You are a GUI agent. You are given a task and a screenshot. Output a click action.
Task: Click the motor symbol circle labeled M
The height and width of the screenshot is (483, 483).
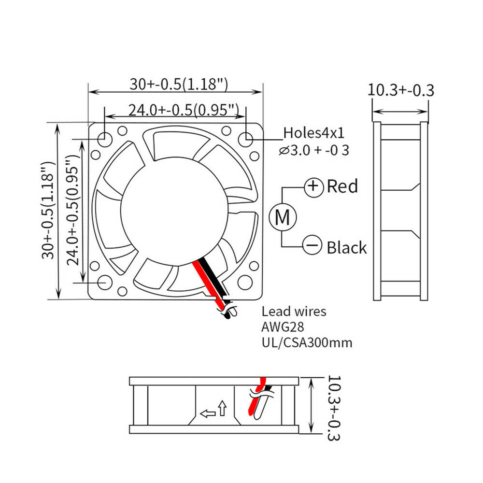tap(283, 217)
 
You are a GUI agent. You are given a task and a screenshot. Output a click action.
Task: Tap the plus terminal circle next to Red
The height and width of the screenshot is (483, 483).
tap(314, 186)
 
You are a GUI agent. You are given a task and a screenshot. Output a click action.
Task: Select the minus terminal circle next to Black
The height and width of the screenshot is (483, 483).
tap(313, 245)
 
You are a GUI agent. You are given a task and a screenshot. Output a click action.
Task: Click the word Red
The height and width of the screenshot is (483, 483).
tap(342, 186)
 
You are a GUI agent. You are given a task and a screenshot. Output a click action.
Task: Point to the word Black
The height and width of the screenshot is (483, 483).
tap(346, 247)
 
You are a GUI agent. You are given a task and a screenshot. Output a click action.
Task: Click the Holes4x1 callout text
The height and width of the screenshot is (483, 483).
tap(313, 133)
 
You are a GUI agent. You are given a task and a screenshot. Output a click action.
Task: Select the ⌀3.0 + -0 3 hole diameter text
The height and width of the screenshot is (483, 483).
tap(314, 150)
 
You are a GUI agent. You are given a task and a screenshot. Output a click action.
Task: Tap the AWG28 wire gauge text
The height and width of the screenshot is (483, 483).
tap(283, 327)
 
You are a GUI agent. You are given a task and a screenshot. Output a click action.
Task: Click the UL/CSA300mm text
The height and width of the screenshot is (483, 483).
tap(307, 342)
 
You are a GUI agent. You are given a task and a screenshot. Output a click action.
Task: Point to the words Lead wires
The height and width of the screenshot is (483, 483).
tap(294, 312)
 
